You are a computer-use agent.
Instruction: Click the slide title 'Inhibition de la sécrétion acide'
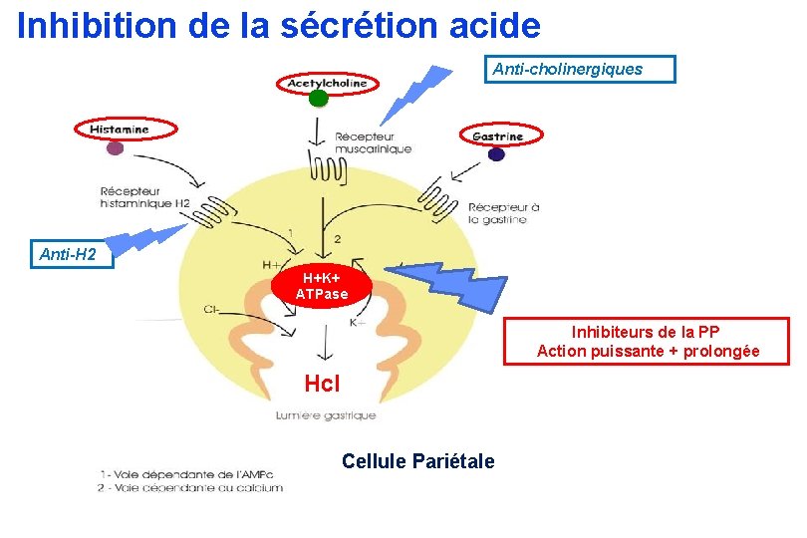(279, 25)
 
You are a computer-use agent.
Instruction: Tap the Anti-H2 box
(69, 255)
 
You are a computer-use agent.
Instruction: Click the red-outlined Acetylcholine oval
(327, 83)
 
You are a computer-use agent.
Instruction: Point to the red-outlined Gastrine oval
(497, 135)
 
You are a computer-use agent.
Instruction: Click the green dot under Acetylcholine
(319, 99)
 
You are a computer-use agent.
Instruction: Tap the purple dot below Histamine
(116, 148)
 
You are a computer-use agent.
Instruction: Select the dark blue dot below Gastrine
(496, 153)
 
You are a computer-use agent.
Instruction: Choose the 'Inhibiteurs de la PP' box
(648, 341)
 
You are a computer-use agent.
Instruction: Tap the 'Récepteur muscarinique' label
(373, 142)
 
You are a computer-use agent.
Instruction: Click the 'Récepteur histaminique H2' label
(144, 196)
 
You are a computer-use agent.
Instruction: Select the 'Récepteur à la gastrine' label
(504, 213)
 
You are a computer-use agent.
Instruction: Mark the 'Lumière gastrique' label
(326, 415)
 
